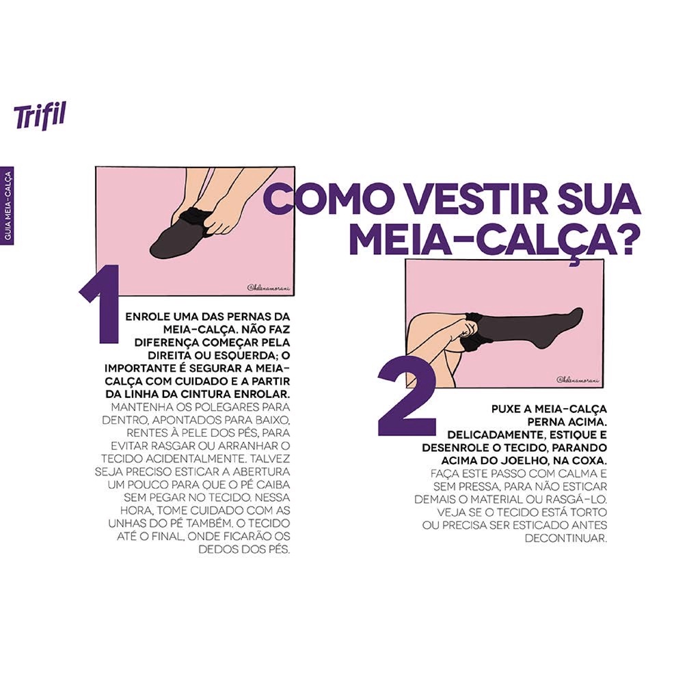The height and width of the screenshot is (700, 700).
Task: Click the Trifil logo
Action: pyautogui.click(x=39, y=116)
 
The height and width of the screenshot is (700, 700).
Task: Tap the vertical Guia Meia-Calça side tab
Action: pyautogui.click(x=7, y=206)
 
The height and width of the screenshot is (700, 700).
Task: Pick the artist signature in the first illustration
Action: pyautogui.click(x=268, y=288)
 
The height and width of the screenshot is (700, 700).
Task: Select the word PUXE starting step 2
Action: pyautogui.click(x=507, y=409)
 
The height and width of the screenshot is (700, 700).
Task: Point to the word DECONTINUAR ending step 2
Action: pyautogui.click(x=566, y=539)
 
